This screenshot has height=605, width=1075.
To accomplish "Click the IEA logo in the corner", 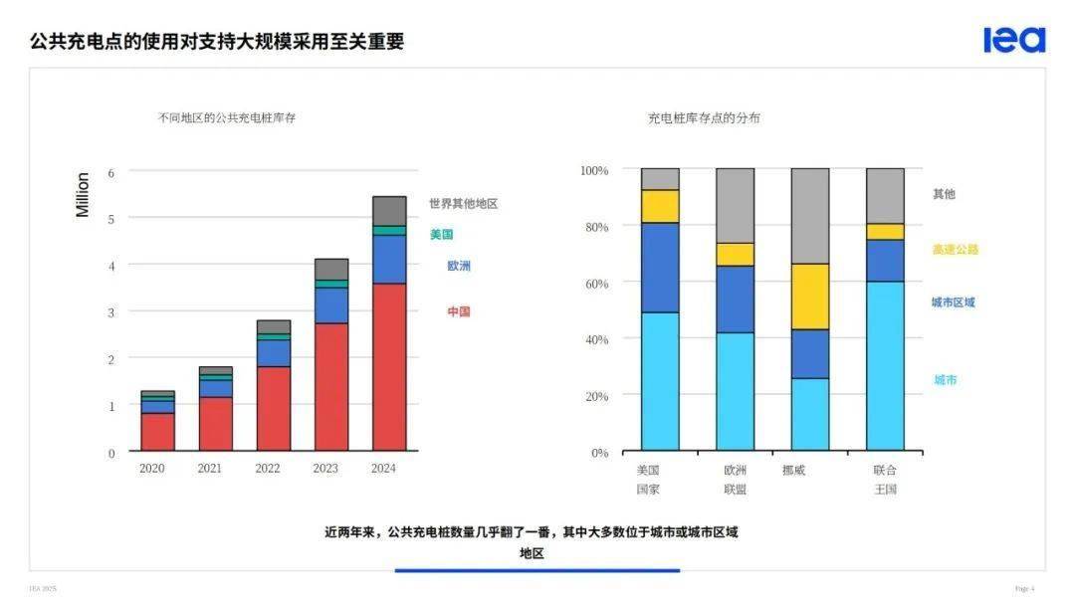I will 1014,40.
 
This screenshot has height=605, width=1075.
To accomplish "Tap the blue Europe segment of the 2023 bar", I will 331,304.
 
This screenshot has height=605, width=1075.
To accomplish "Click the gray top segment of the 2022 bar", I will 274,326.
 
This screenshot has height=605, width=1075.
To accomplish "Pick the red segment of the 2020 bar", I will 157,432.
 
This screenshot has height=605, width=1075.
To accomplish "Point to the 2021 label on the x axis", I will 210,469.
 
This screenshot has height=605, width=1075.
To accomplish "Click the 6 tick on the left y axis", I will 111,172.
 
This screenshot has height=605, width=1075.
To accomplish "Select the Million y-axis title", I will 83,195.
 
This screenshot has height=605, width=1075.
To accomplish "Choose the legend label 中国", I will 459,311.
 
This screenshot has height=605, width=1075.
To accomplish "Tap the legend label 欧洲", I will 459,266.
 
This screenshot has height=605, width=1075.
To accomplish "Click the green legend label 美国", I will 442,235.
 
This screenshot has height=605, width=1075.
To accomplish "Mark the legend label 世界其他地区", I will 464,203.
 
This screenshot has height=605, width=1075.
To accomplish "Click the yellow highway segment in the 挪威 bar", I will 809,296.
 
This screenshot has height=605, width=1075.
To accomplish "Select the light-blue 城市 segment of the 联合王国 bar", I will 885,365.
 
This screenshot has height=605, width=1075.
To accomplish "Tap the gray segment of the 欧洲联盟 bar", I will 735,205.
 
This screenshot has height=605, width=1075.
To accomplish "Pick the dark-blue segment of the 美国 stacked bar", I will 660,267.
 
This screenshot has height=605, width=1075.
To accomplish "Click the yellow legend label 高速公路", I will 956,250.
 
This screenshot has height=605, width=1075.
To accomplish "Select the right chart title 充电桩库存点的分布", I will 704,117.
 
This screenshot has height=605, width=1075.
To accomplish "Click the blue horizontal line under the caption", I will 537,570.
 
